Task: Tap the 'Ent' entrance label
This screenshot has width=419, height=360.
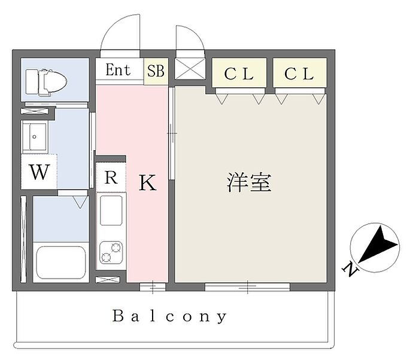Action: tap(118, 70)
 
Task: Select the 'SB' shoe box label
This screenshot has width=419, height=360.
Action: tap(156, 70)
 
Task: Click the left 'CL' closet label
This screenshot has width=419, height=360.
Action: tap(239, 74)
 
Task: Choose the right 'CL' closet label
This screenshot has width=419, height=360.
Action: tap(299, 74)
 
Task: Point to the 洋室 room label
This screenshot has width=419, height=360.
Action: tap(249, 183)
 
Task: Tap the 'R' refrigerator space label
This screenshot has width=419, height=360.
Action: tap(111, 177)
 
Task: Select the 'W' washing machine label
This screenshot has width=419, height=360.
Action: tap(39, 173)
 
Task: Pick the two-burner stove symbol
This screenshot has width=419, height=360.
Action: tap(111, 252)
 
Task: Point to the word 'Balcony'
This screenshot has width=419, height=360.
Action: tap(169, 316)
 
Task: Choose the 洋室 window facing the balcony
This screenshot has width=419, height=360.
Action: tap(247, 287)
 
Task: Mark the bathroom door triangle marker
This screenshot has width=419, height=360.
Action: tap(79, 203)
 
